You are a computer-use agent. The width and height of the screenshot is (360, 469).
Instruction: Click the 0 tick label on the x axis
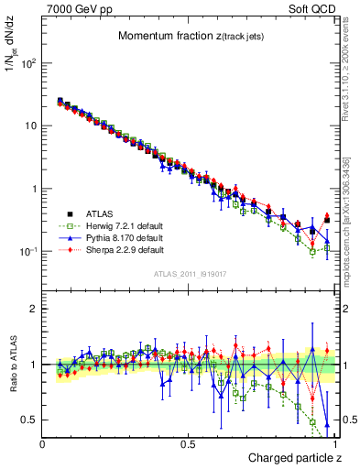(43, 444)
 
